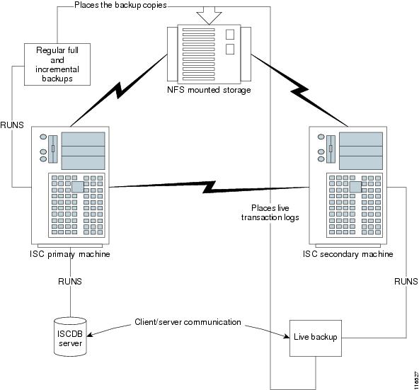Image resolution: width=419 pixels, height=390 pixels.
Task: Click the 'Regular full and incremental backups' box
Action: [57, 64]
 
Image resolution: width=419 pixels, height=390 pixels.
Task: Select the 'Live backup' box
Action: [316, 338]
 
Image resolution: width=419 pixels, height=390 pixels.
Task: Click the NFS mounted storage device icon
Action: [210, 53]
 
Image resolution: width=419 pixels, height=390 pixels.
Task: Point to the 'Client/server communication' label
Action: [188, 322]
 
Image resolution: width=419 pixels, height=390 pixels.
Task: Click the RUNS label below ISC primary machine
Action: [70, 281]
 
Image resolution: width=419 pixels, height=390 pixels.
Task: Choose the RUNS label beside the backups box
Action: [12, 125]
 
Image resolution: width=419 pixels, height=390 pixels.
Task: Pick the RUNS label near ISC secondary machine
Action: [404, 281]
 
